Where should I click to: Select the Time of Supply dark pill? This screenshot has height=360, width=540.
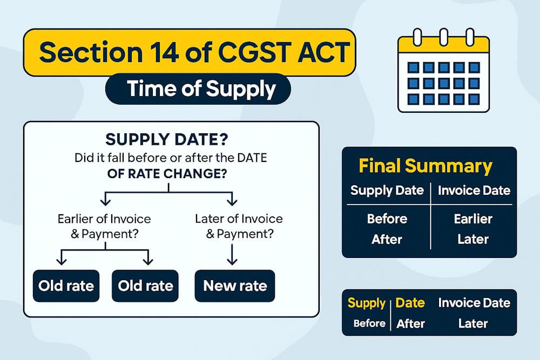click(198, 89)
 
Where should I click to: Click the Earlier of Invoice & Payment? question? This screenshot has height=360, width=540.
click(104, 227)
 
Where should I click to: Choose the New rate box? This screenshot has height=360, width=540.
click(234, 285)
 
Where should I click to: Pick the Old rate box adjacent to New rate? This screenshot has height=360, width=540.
click(145, 285)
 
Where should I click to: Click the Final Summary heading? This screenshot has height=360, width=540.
click(426, 166)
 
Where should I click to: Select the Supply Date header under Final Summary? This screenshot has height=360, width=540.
click(387, 190)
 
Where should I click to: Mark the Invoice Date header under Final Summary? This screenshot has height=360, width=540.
click(474, 190)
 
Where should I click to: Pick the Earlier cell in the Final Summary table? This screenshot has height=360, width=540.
click(474, 219)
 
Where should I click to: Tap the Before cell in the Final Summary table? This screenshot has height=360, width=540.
click(387, 219)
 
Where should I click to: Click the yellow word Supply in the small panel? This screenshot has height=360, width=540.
click(366, 303)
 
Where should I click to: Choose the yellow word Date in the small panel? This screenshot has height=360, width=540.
click(410, 303)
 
